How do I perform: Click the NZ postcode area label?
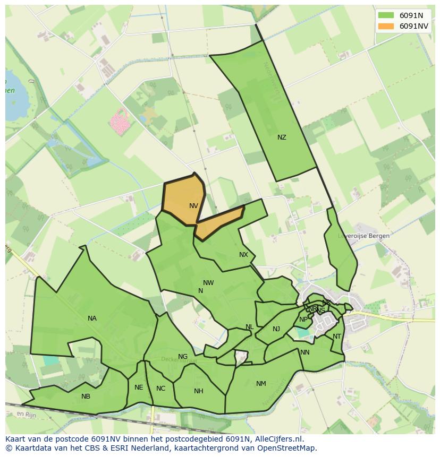(282, 137)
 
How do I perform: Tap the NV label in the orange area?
(193, 206)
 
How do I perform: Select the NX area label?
(243, 255)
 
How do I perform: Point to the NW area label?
(208, 283)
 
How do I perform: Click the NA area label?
(92, 318)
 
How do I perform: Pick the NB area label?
(86, 396)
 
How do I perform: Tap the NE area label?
(139, 387)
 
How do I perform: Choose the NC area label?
(160, 389)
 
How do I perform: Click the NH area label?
(198, 392)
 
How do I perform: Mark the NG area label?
(183, 357)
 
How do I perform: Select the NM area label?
(261, 384)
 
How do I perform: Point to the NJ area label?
(276, 329)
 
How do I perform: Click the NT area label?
(337, 337)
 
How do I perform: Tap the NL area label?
(249, 327)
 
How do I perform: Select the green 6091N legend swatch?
(386, 15)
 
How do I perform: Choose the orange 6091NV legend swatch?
(386, 26)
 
